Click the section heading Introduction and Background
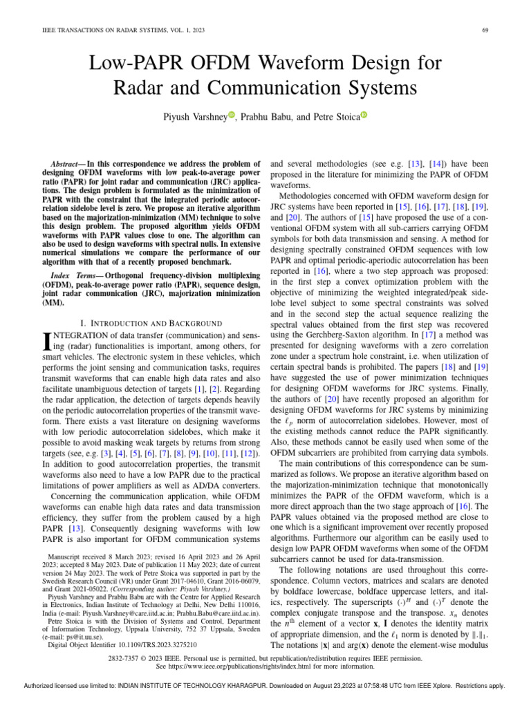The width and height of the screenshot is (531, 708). [x=151, y=323]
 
